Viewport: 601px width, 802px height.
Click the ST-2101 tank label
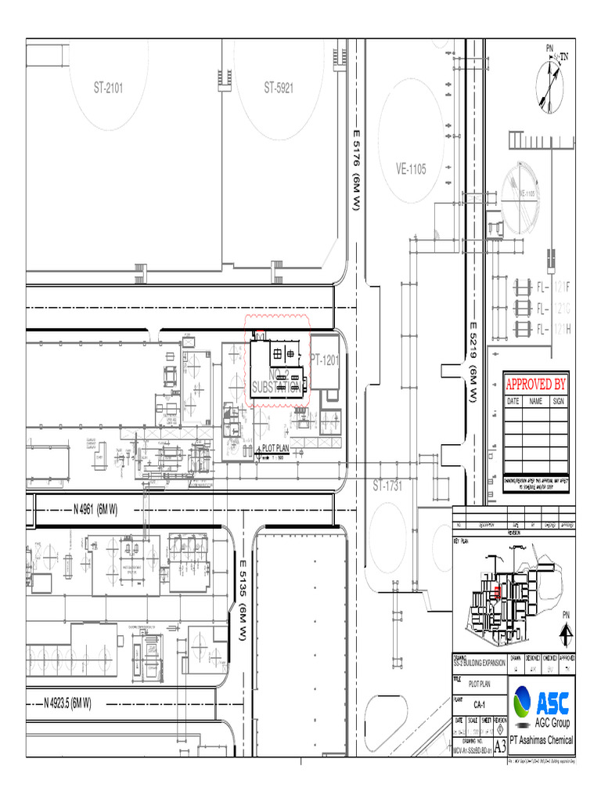pyautogui.click(x=109, y=88)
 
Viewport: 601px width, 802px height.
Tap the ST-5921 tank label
pyautogui.click(x=279, y=88)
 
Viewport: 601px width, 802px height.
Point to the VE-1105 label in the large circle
pyautogui.click(x=411, y=169)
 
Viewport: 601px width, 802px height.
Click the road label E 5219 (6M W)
pyautogui.click(x=473, y=362)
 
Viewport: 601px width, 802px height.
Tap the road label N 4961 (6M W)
pyautogui.click(x=95, y=510)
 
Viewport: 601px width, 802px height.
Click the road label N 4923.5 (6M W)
pyautogui.click(x=67, y=703)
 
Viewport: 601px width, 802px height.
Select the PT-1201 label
pyautogui.click(x=324, y=359)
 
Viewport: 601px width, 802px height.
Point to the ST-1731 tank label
pyautogui.click(x=387, y=486)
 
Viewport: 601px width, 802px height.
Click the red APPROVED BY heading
pyautogui.click(x=535, y=384)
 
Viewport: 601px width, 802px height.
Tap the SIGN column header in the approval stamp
pyautogui.click(x=558, y=401)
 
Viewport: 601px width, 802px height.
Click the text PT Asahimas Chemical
pyautogui.click(x=542, y=740)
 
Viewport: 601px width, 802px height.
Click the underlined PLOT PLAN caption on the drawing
pyautogui.click(x=275, y=448)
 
